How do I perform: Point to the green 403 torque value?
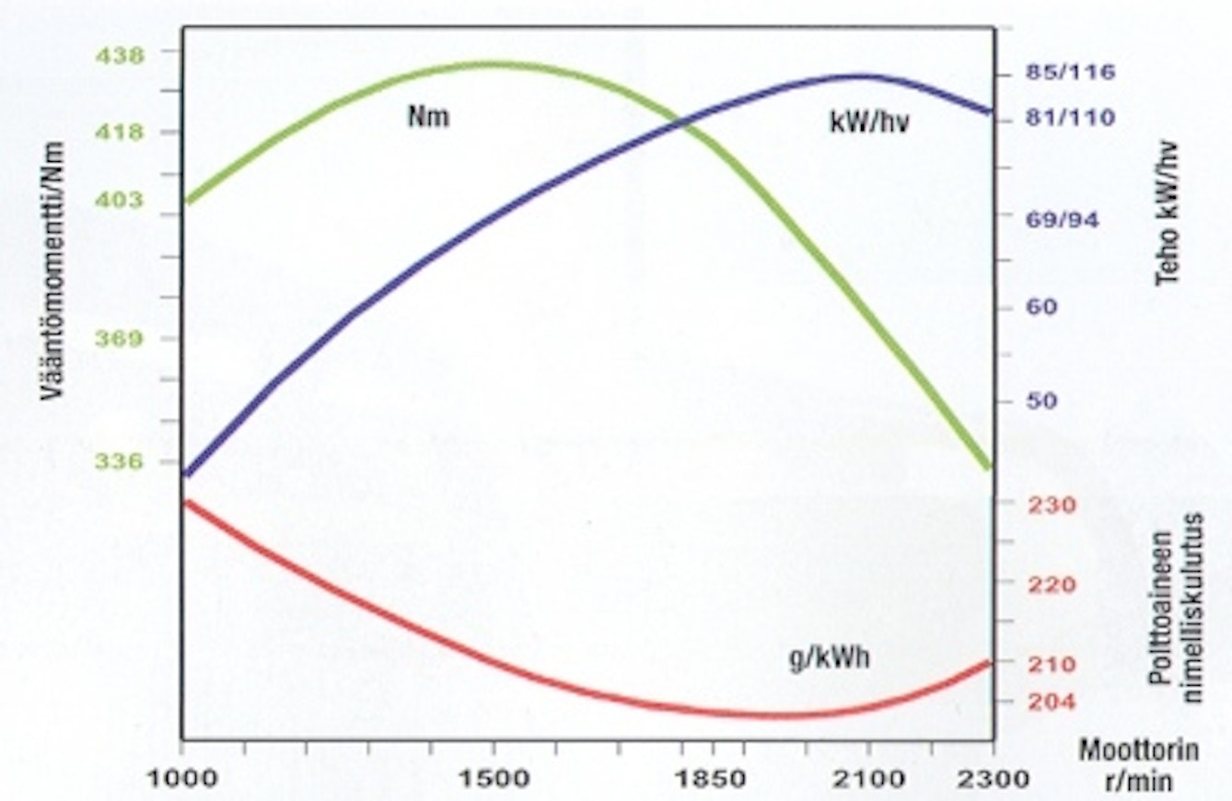click(x=121, y=200)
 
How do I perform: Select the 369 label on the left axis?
click(x=121, y=339)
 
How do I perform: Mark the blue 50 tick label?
click(x=1040, y=401)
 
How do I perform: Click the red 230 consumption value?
click(x=1050, y=505)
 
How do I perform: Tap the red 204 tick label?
click(x=1050, y=702)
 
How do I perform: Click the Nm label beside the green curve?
click(x=428, y=117)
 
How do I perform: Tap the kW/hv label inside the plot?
click(x=869, y=122)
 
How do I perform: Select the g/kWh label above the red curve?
click(x=829, y=659)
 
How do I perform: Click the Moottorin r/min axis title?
click(x=1139, y=764)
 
